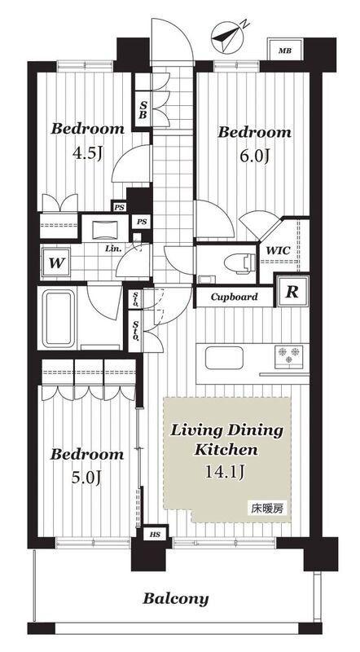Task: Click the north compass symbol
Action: tap(229, 37)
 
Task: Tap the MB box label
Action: tap(285, 51)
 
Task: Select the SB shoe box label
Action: tap(143, 110)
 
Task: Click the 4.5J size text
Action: tap(88, 154)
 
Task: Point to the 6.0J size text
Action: tap(254, 156)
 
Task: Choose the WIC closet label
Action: tap(278, 252)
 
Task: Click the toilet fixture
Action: tap(239, 263)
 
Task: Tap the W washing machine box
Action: tap(55, 263)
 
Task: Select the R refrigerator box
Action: tap(292, 292)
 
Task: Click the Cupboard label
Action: tap(234, 297)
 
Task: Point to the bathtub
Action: tap(59, 319)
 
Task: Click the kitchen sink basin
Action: tap(224, 358)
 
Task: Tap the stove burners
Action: tap(288, 357)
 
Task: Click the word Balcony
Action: tap(175, 599)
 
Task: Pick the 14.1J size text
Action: tap(224, 472)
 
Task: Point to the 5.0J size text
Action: tap(86, 478)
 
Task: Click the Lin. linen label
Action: tap(112, 249)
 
